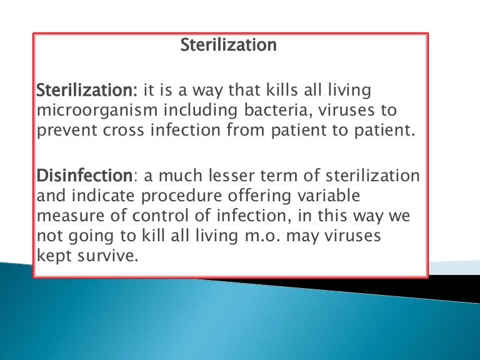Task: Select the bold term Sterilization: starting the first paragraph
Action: click(x=87, y=91)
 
